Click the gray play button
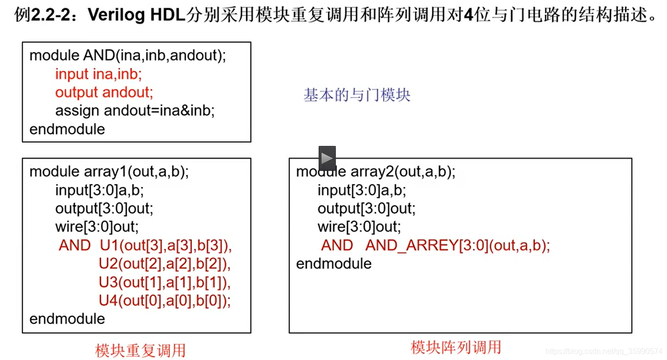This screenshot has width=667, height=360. coord(327,158)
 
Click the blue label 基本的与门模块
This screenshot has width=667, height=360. coord(357,95)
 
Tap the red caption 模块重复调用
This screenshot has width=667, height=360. coord(140,350)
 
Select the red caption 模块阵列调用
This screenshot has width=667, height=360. coord(456,347)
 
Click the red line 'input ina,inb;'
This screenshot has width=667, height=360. coord(98,74)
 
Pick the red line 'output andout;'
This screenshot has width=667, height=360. coord(104,92)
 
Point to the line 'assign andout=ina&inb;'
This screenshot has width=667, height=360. coord(135,111)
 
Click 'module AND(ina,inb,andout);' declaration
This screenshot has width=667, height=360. coord(128,56)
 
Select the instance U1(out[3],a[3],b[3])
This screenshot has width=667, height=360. coord(166,246)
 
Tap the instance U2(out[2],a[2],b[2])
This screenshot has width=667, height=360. coord(165,264)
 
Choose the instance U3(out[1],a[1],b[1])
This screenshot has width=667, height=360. coord(165,282)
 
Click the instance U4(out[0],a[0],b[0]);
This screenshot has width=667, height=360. coord(165,300)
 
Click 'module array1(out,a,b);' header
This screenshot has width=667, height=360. coord(109,172)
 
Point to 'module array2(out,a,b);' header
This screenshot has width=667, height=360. coord(376,172)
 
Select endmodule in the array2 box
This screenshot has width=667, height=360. coord(334,264)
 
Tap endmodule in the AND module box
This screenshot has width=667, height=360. coord(67,129)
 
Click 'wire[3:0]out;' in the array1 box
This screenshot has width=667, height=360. coord(97,227)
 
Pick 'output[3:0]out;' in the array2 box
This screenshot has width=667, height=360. coord(367,208)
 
